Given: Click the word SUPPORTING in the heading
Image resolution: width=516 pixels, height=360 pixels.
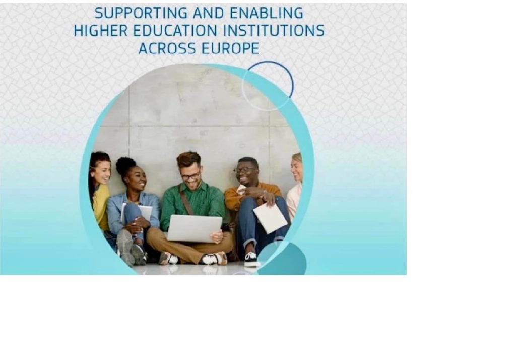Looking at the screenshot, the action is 141,13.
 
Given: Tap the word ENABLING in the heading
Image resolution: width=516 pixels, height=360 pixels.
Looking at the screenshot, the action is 266,13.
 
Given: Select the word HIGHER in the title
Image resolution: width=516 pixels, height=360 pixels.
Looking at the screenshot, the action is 101,31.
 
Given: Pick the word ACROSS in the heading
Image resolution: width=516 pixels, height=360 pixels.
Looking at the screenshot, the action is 167,49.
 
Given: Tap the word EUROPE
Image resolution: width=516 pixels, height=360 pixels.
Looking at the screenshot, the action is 230,49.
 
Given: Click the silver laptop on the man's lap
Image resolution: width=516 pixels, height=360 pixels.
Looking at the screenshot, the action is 194,228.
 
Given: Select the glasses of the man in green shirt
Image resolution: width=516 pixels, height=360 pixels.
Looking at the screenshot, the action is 190,176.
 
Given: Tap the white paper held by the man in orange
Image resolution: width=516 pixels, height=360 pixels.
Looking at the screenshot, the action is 270,218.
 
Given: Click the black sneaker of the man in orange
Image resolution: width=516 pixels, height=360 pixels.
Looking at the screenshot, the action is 251,260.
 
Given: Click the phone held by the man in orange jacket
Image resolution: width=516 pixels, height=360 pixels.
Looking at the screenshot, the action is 241,189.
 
